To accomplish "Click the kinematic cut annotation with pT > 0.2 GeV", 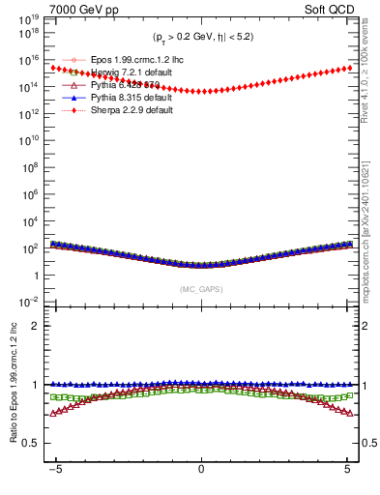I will pos(201,38).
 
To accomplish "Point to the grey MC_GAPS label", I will pos(200,289).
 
